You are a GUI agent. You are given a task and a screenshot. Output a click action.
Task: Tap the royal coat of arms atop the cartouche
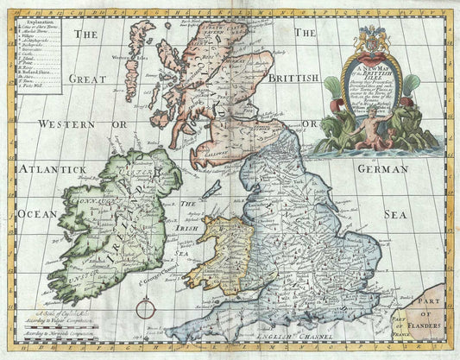tap(370, 39)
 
